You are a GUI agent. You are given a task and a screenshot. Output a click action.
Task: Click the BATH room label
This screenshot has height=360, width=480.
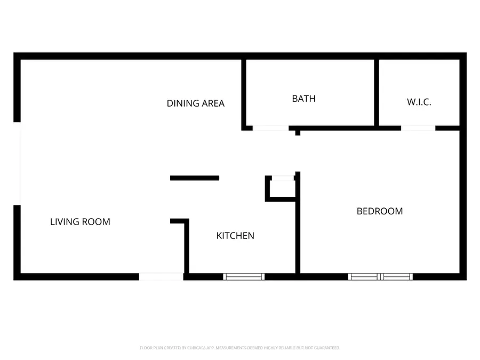(x=303, y=99)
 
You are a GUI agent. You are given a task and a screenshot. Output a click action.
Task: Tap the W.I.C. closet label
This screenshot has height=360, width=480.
(x=419, y=102)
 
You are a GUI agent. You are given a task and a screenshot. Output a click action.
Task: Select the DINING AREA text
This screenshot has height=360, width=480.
(x=196, y=103)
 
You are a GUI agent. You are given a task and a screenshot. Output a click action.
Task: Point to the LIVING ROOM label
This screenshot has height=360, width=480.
(x=80, y=222)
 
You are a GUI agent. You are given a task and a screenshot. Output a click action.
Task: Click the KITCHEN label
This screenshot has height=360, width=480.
(x=235, y=236)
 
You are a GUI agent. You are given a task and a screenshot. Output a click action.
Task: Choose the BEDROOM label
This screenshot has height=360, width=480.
(x=379, y=211)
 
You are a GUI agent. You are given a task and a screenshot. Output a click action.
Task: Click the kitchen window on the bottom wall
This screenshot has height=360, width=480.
(x=244, y=276)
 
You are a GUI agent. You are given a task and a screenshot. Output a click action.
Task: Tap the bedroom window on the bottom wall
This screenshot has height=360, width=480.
(x=380, y=276)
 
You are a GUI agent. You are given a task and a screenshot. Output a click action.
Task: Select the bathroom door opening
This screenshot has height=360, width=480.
(x=270, y=128)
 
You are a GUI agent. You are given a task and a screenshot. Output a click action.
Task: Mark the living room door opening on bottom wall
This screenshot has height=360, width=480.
(x=161, y=276)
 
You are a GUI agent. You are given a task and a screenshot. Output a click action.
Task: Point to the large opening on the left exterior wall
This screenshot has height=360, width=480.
(x=18, y=164)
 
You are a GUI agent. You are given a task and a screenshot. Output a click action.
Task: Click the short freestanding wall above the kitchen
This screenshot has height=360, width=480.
(x=195, y=178)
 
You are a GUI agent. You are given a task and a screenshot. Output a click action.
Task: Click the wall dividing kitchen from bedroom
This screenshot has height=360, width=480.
(x=298, y=229)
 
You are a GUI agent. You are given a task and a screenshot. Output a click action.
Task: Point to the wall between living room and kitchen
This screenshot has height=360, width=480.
(x=187, y=248)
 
